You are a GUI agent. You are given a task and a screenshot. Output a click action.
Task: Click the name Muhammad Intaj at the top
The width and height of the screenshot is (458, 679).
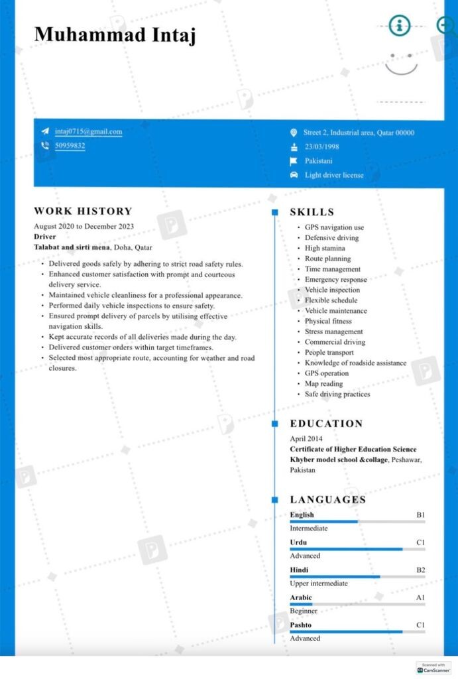tap(115, 35)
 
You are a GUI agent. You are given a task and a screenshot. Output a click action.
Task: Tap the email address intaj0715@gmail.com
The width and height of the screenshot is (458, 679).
tap(88, 132)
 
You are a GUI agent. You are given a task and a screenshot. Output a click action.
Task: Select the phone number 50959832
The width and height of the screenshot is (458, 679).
tap(70, 146)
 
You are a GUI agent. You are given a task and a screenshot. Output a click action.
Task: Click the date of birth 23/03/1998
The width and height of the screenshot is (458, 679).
tap(321, 147)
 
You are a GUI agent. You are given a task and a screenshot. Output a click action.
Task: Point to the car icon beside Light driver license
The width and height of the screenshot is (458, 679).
tap(294, 175)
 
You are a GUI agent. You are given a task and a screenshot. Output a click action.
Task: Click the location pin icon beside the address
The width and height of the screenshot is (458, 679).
tap(294, 133)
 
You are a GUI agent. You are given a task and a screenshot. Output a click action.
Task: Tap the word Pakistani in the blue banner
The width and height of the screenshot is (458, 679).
tap(318, 161)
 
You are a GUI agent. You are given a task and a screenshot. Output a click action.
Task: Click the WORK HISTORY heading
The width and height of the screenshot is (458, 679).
tap(83, 212)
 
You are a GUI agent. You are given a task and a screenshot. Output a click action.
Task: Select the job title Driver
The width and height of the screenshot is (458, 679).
tap(44, 237)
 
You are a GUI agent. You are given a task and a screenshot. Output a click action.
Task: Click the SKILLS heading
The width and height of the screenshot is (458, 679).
tap(312, 212)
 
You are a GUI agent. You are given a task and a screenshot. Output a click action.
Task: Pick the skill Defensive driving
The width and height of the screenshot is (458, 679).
tap(331, 238)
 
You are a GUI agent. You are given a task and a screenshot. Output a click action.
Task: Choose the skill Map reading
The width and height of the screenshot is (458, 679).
tap(323, 384)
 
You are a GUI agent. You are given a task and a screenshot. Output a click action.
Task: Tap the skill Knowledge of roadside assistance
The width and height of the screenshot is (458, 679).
tap(355, 363)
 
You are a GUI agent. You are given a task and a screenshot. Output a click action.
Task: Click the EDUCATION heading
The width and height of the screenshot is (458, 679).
tap(326, 424)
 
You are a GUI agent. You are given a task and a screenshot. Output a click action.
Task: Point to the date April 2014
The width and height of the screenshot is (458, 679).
tap(306, 439)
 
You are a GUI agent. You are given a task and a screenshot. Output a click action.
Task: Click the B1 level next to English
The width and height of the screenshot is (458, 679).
tap(420, 515)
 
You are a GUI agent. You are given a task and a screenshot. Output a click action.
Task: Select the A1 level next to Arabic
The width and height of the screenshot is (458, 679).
tap(420, 598)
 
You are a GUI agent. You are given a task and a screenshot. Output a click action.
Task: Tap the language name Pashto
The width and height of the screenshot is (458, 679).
tap(300, 625)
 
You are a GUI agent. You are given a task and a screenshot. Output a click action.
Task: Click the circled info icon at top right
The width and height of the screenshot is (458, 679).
tap(399, 26)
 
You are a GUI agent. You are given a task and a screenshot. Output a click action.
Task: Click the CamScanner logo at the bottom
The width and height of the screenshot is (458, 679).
tap(433, 668)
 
